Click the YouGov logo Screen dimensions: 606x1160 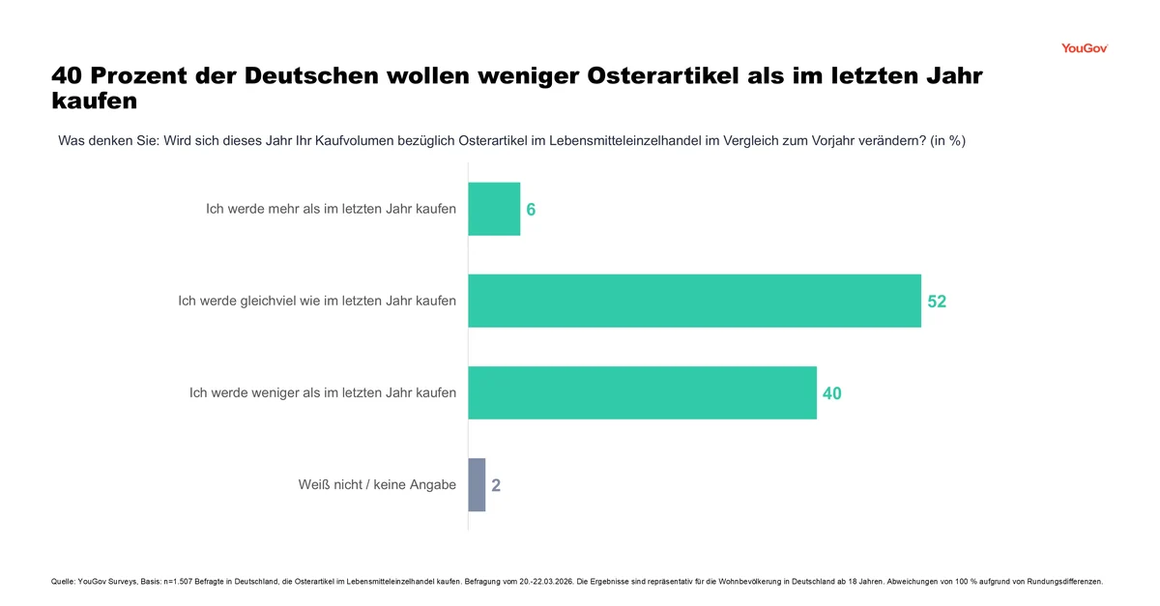[x=1084, y=48]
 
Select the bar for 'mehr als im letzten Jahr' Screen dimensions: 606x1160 [x=494, y=209]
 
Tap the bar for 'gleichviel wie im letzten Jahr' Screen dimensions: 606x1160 [x=694, y=301]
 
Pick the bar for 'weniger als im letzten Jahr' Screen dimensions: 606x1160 [x=642, y=392]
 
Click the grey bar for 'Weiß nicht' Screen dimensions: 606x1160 [x=477, y=484]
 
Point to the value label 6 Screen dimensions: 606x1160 [x=531, y=210]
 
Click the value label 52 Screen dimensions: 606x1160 [x=937, y=302]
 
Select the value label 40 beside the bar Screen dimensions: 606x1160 [x=831, y=393]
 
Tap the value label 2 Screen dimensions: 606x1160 [x=496, y=485]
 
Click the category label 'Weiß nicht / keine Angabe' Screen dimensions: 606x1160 [x=377, y=484]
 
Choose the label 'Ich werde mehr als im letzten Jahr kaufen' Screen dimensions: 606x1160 [x=331, y=209]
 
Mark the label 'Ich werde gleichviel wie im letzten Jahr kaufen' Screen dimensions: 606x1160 [x=317, y=301]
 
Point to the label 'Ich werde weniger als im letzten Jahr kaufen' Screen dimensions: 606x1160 [x=323, y=392]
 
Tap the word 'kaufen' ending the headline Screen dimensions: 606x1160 [x=94, y=100]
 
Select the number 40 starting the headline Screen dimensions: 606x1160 [x=69, y=75]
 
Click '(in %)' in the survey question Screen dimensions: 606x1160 [x=947, y=140]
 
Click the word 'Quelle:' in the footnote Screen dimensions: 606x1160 [x=63, y=582]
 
